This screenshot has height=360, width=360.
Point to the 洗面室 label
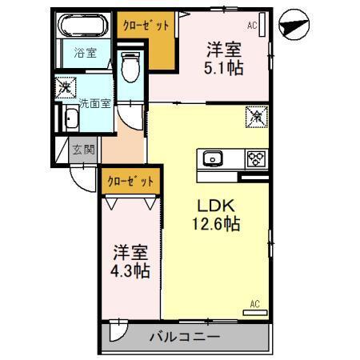pyautogui.click(x=95, y=103)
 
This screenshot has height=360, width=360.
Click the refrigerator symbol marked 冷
pyautogui.click(x=256, y=116)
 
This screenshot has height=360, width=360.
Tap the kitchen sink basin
pyautogui.click(x=215, y=158)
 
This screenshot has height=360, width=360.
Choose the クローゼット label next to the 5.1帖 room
pyautogui.click(x=146, y=25)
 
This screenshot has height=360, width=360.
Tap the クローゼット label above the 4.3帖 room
pyautogui.click(x=130, y=182)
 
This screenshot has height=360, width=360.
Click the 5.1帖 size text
pyautogui.click(x=224, y=68)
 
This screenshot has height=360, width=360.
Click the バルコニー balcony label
pyautogui.click(x=184, y=337)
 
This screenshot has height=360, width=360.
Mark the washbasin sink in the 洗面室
pyautogui.click(x=70, y=120)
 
